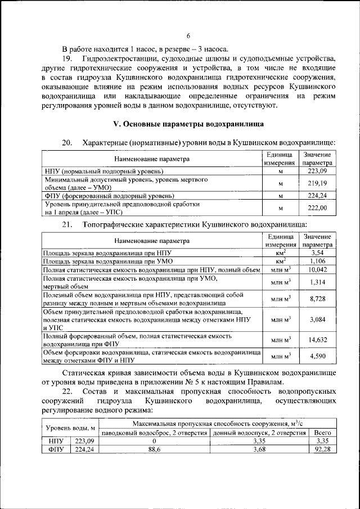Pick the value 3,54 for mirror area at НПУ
[318, 254]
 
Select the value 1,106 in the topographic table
[318, 262]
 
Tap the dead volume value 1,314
[318, 282]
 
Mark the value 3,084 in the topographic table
[318, 320]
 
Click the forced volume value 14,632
[318, 340]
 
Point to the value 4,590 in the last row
[318, 356]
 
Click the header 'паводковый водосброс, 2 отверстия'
[154, 433]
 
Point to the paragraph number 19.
[68, 58]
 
